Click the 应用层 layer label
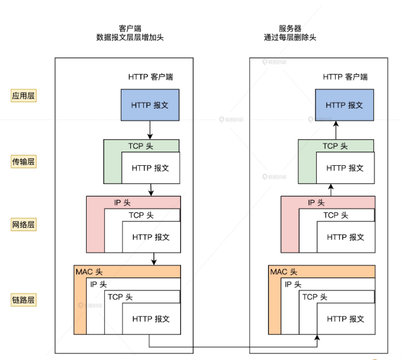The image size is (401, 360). coord(24,96)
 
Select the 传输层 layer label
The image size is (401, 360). coord(24,161)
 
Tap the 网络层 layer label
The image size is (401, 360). coord(24,225)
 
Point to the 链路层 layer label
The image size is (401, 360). coord(24,300)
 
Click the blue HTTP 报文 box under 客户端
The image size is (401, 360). coord(150,105)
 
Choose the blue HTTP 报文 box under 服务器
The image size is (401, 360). coord(344,105)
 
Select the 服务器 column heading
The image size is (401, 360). coord(290,28)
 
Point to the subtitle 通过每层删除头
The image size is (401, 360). coord(290,37)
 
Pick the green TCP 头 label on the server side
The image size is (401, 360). coord(335,146)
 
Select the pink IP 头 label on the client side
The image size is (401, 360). coord(121,202)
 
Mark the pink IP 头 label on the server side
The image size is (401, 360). coord(316,202)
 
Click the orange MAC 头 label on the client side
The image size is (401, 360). coord(89,271)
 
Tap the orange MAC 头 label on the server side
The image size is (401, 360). coord(284,271)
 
